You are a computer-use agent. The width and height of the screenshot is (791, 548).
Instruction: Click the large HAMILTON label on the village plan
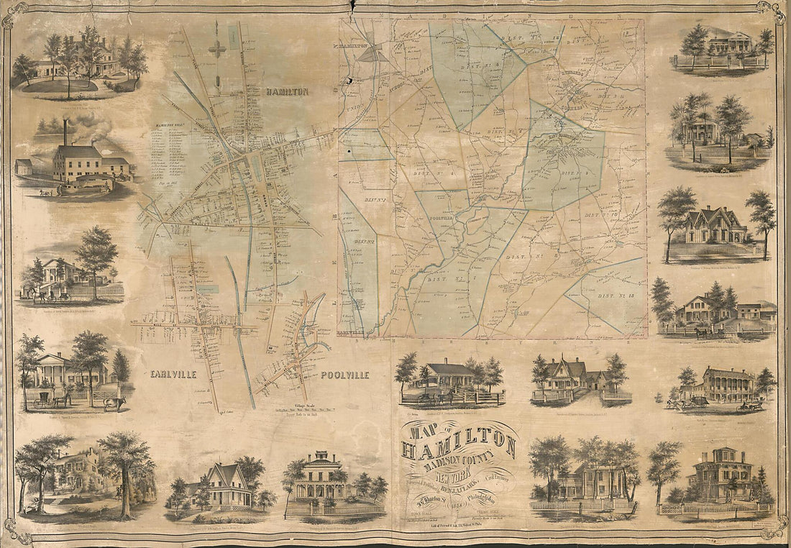click(287, 92)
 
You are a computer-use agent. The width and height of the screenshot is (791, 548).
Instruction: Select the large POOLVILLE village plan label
click(344, 375)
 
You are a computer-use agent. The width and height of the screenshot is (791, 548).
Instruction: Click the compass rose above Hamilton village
click(216, 48)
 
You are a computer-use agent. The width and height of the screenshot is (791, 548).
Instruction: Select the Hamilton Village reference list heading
click(170, 125)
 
